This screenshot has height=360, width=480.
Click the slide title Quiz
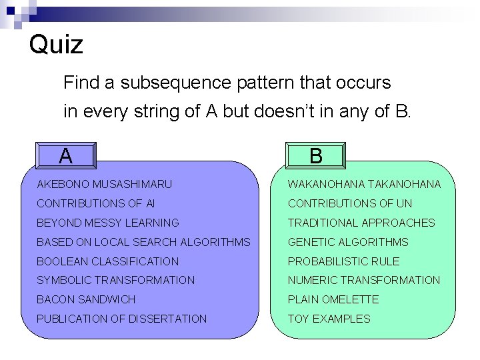[x=57, y=45]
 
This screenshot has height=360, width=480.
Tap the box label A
[x=65, y=155]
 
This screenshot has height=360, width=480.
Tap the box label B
[x=316, y=155]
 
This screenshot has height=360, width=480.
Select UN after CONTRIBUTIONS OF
[x=404, y=203]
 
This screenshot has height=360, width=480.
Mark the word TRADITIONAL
[x=323, y=223]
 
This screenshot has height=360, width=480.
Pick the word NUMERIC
[x=311, y=280]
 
